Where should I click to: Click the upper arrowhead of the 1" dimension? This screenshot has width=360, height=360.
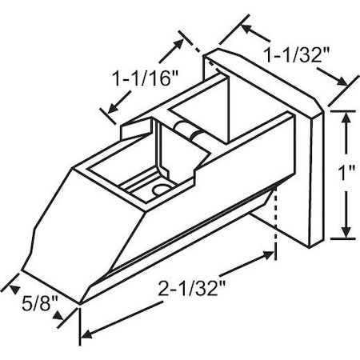click(x=346, y=117)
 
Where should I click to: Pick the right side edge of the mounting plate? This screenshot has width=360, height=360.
click(x=322, y=176)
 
